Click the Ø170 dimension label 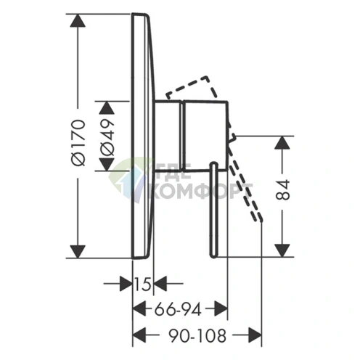tap(78, 142)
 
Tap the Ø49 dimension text tap(107, 137)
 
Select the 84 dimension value tap(282, 189)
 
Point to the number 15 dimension tap(143, 284)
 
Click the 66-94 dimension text tap(178, 309)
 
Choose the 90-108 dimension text tap(197, 335)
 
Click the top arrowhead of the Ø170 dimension tap(78, 20)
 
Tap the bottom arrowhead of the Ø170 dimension tap(78, 252)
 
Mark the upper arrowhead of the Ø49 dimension tap(107, 107)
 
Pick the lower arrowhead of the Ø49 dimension tap(107, 165)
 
